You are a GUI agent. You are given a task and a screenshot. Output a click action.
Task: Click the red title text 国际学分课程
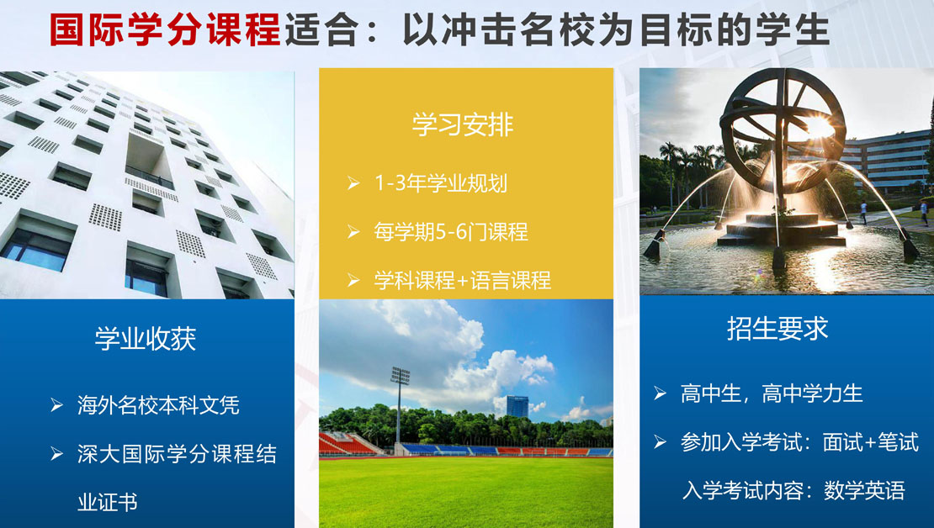164,29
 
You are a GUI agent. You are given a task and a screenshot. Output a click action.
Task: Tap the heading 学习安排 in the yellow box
463,124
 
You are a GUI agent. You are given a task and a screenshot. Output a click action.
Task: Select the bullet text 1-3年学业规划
441,182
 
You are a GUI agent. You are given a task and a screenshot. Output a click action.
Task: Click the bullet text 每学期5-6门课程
451,231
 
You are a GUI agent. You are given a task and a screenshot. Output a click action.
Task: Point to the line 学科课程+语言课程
462,280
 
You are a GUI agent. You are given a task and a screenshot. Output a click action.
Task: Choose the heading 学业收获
146,338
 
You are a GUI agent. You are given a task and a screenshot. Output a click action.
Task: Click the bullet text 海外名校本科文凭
158,405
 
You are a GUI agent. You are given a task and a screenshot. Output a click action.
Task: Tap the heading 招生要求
777,328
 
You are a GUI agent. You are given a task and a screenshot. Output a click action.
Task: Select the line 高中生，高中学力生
772,393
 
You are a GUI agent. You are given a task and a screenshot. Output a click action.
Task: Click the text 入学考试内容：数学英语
793,490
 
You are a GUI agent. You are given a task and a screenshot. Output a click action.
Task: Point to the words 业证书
107,503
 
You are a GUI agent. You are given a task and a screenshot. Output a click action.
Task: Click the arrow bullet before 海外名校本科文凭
56,405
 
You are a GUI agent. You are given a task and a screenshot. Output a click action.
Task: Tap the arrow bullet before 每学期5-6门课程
353,231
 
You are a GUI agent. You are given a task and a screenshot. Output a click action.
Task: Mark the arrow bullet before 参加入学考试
660,441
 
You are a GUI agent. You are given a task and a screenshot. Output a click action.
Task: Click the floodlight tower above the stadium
400,404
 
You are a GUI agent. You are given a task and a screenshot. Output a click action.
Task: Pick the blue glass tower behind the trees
517,407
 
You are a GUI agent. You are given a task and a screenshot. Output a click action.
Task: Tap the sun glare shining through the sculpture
819,126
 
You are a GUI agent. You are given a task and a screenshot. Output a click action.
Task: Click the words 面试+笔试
870,442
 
